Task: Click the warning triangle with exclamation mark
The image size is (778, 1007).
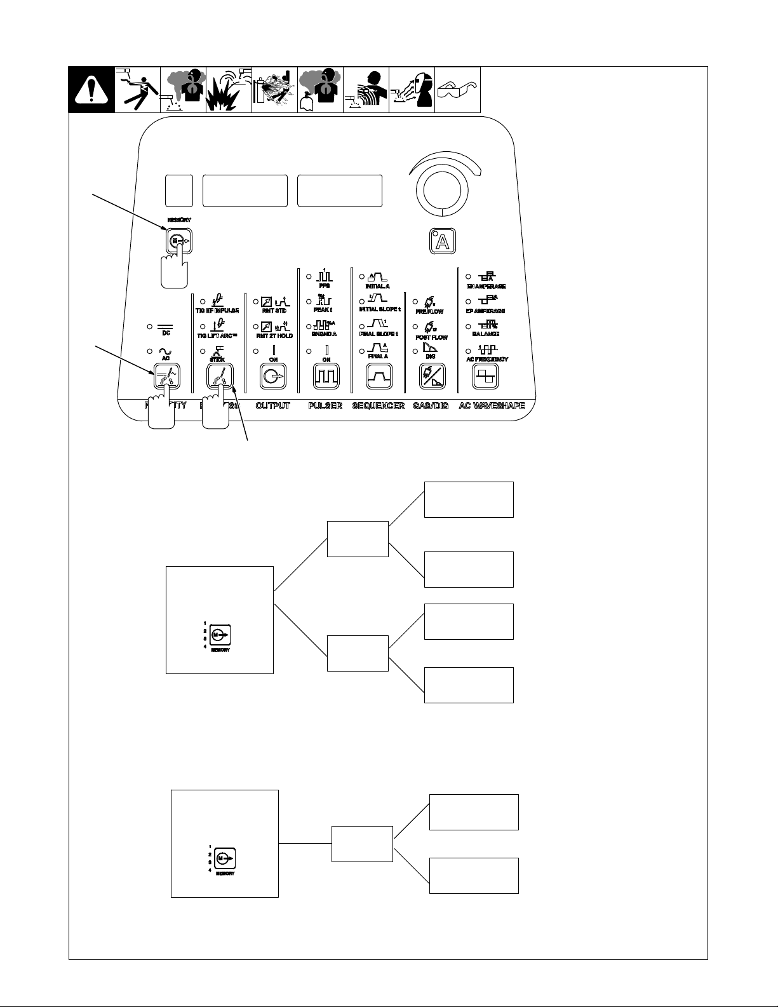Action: pos(91,90)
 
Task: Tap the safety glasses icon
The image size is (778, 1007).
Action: pos(457,90)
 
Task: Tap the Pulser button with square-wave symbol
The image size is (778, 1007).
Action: pos(326,377)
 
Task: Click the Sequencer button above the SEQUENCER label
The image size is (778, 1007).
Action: pos(379,377)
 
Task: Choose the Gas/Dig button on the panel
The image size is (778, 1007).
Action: pos(433,377)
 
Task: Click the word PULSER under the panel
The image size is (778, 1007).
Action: pos(325,405)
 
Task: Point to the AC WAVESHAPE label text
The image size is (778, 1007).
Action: pos(492,405)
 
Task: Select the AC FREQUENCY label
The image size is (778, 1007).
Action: pos(487,360)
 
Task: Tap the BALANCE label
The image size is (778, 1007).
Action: pos(485,334)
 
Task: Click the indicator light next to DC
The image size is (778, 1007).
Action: pos(150,326)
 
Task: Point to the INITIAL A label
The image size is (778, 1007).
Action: pos(378,287)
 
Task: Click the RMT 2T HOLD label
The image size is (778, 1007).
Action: pos(274,335)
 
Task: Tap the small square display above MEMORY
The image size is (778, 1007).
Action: pos(178,190)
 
